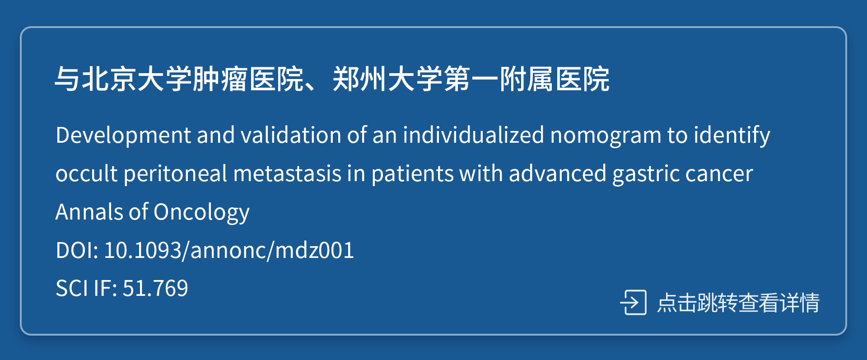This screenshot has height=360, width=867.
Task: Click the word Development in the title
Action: (123, 135)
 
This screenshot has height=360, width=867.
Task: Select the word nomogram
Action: (606, 135)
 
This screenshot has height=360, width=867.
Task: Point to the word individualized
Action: (473, 135)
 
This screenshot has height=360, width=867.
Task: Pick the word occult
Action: (86, 173)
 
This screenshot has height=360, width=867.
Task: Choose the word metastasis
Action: (287, 173)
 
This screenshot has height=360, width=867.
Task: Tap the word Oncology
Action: (201, 212)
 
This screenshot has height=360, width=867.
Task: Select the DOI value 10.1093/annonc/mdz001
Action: (229, 250)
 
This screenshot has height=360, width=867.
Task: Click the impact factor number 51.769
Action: (155, 288)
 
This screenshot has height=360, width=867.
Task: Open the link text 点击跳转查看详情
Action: (738, 303)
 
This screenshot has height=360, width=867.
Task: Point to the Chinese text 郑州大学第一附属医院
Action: (471, 79)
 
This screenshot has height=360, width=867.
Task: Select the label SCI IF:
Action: (86, 288)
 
